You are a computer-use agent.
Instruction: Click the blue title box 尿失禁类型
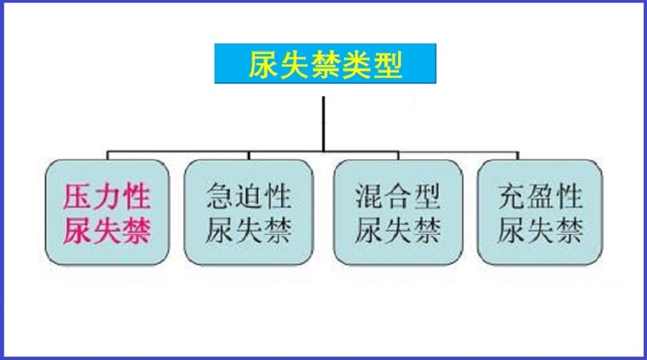click(325, 63)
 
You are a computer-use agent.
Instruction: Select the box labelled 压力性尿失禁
click(108, 212)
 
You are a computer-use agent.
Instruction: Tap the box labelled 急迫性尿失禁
click(249, 212)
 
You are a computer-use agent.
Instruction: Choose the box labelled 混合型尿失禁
click(398, 212)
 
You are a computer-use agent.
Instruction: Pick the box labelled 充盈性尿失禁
click(539, 212)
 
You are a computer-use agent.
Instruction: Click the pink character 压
click(77, 197)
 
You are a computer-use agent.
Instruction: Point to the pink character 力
click(107, 197)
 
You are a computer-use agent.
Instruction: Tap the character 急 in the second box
click(219, 196)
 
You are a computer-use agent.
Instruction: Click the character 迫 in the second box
click(249, 196)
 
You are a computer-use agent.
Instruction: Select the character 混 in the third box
click(369, 196)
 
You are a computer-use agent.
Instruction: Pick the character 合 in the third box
click(398, 196)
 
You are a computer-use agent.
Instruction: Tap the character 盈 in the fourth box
click(541, 196)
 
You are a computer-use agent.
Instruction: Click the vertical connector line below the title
click(323, 124)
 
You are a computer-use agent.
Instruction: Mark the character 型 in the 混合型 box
click(427, 196)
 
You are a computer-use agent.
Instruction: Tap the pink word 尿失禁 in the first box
click(107, 231)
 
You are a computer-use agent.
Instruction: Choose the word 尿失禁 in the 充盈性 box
click(541, 230)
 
